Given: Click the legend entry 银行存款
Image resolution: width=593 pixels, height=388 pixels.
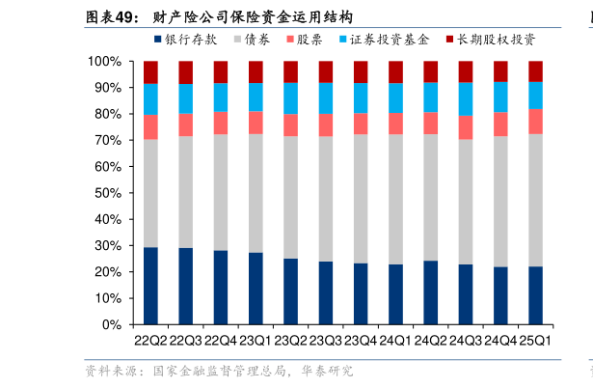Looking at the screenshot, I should pyautogui.click(x=191, y=40).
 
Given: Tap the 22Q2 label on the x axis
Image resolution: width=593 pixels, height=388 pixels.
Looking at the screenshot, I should pyautogui.click(x=150, y=340).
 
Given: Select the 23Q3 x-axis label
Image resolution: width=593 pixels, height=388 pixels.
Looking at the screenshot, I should pyautogui.click(x=326, y=340).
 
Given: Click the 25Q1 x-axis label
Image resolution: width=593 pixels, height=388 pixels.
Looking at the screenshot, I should pyautogui.click(x=535, y=340).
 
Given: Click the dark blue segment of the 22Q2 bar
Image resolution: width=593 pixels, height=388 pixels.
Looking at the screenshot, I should pyautogui.click(x=150, y=286).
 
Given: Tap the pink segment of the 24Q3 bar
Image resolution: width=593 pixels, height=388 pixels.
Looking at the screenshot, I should pyautogui.click(x=466, y=127).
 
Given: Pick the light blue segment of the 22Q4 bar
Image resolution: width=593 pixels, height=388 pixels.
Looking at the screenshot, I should pyautogui.click(x=221, y=97).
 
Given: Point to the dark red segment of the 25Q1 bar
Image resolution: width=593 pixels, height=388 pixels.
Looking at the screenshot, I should pyautogui.click(x=535, y=71).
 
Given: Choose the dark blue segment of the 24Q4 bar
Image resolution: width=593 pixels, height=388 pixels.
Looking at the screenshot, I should pyautogui.click(x=500, y=295).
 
